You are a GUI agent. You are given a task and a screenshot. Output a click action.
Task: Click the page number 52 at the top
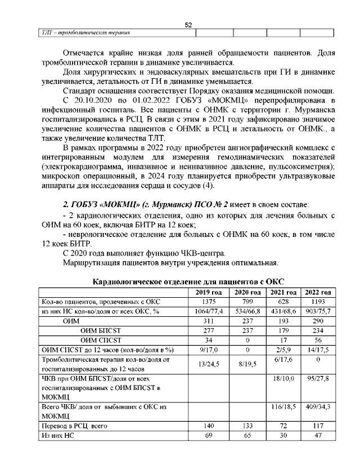188,24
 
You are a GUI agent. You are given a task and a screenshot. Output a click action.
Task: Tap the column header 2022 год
318,292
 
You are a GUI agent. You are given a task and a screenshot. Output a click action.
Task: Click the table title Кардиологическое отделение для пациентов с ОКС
187,281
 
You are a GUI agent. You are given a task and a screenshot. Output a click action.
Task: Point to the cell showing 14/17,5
318,349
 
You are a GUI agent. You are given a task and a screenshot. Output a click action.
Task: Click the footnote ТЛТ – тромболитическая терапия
83,33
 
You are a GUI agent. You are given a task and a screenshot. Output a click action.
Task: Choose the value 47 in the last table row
318,436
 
